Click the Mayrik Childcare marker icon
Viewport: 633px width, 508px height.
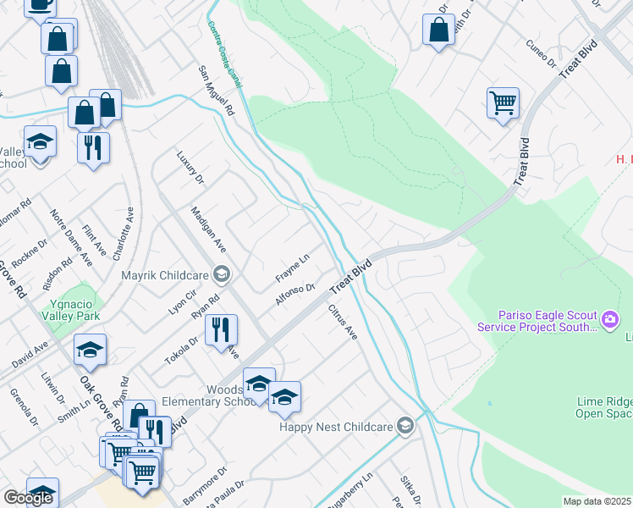pos(222,273)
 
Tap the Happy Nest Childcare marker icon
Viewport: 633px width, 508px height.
pos(405,426)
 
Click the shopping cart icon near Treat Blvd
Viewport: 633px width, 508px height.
pos(503,103)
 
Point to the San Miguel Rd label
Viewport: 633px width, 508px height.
pos(216,91)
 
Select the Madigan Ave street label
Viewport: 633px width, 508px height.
pos(208,229)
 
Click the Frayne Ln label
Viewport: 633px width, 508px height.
pos(293,267)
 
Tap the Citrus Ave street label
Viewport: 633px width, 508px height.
pos(343,321)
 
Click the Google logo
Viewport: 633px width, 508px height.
pos(28,498)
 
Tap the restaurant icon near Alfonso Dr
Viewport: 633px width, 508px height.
pos(221,329)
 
